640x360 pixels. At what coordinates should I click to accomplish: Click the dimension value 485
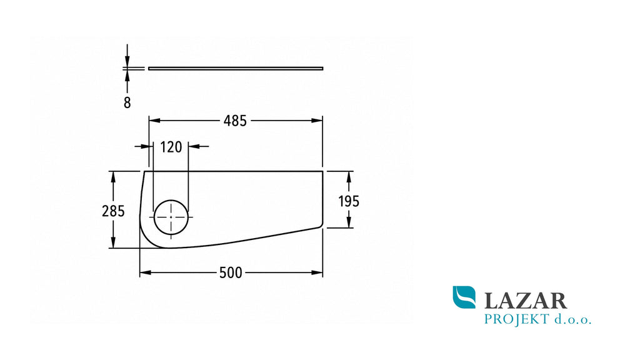point(235,121)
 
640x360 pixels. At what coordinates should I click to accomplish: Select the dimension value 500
point(231,272)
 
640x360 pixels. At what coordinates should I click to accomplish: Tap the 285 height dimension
point(113,211)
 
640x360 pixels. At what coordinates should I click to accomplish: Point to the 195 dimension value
point(349,201)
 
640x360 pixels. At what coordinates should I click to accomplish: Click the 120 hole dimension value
point(171,147)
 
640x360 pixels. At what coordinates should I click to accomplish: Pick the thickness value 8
point(127,103)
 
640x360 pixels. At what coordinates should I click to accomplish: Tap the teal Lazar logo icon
point(464,297)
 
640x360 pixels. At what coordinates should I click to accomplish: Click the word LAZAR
point(526,301)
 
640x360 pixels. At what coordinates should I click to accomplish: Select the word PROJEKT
point(516,319)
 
